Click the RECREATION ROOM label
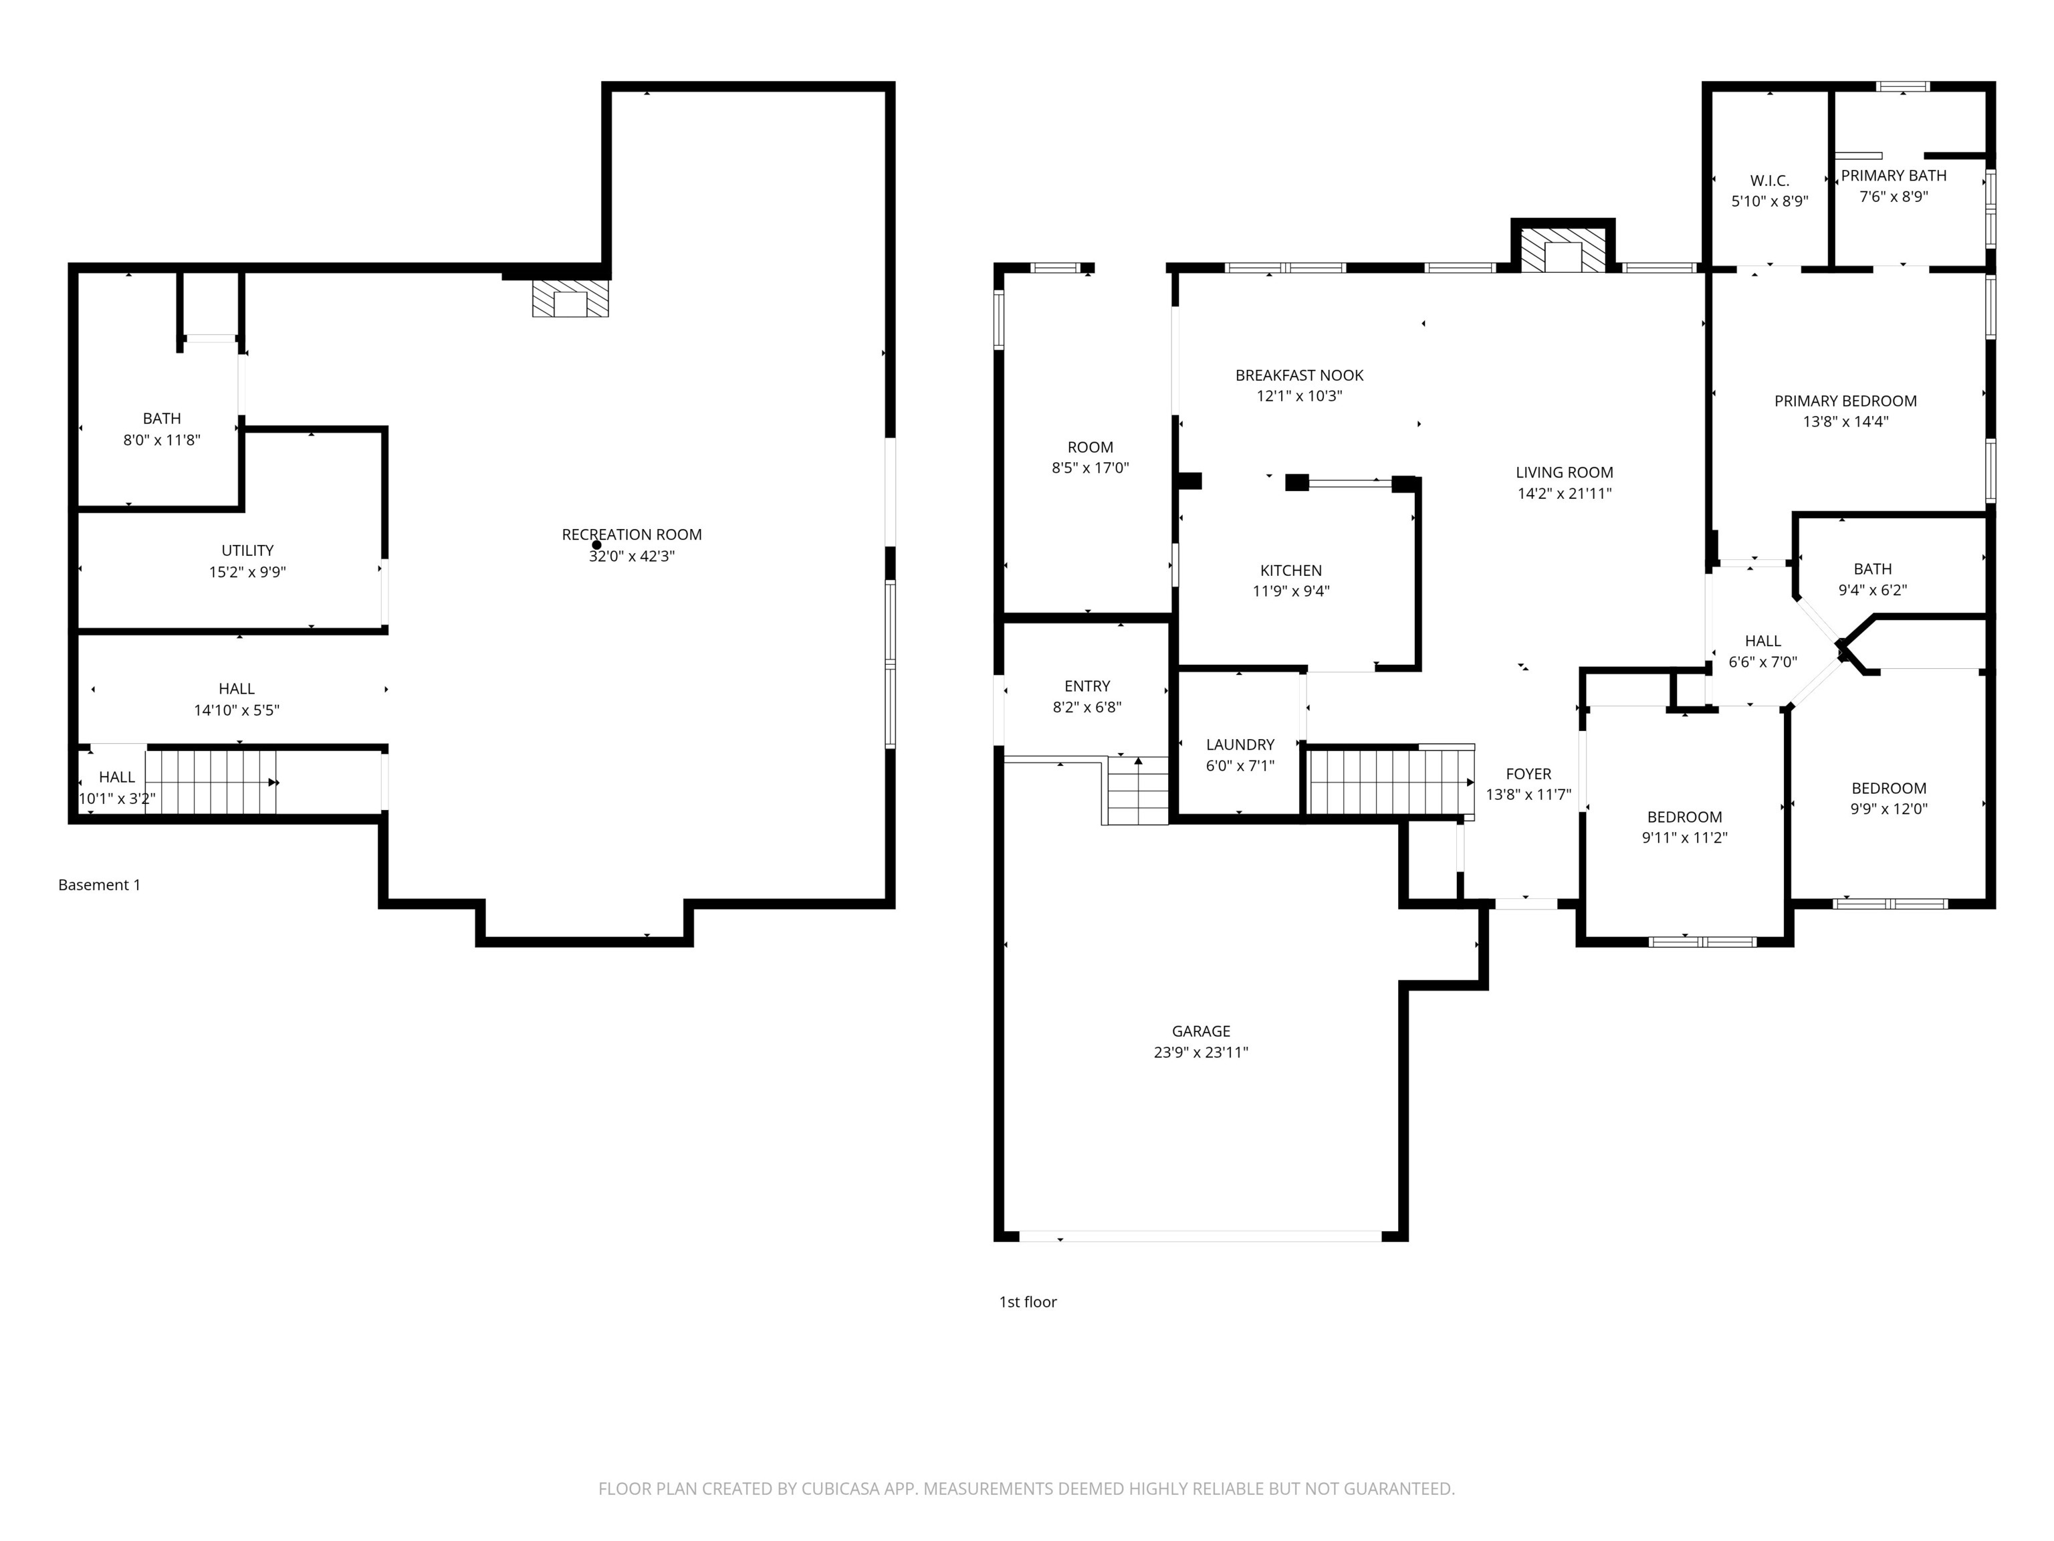631,535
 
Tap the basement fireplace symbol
570,299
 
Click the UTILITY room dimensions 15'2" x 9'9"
247,572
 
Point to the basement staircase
212,782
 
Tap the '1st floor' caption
1027,1302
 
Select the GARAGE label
1201,1031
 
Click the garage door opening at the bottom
1201,1236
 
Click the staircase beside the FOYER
1390,781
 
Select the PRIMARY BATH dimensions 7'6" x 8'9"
1894,197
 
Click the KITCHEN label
1290,571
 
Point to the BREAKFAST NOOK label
1299,375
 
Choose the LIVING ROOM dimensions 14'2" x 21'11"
1564,494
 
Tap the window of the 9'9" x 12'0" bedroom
1890,903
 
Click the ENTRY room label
1087,686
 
